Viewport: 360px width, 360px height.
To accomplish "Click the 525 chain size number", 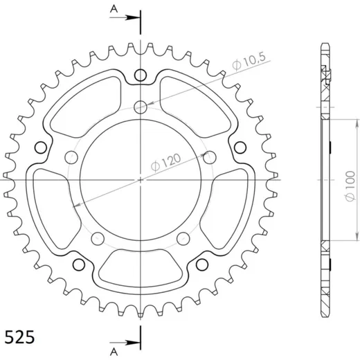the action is click(x=19, y=337).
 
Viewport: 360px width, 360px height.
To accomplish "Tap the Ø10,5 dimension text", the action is click(x=249, y=61).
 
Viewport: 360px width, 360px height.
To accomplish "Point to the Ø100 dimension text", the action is click(x=350, y=186).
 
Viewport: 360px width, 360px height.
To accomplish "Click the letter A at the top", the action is click(x=114, y=9).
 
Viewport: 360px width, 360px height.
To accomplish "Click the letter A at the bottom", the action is click(x=114, y=352).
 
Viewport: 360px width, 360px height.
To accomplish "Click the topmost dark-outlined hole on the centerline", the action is click(x=141, y=75).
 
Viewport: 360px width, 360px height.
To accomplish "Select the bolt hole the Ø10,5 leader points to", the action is click(x=141, y=107).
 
